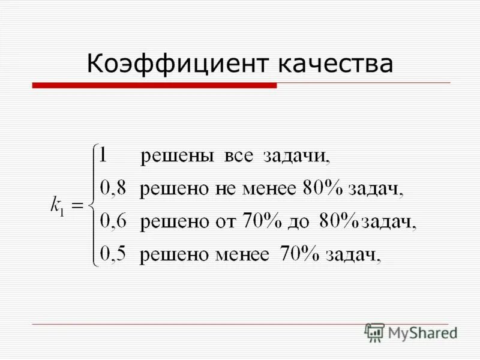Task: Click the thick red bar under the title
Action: tap(154, 86)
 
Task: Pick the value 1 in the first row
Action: tap(103, 156)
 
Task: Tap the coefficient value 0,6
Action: tap(113, 222)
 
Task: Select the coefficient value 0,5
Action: tap(113, 255)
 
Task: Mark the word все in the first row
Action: tap(239, 157)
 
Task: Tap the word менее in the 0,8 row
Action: tap(269, 190)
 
